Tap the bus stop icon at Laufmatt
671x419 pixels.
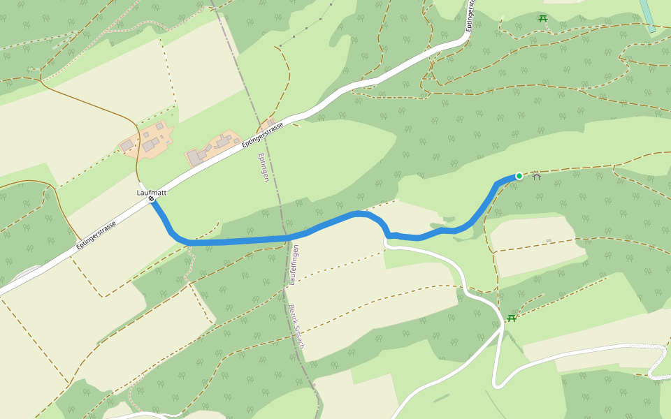click(x=151, y=199)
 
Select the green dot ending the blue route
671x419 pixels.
click(x=519, y=176)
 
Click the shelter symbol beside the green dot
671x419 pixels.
click(x=537, y=177)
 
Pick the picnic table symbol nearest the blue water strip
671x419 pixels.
click(x=543, y=18)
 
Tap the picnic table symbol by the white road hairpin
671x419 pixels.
click(x=512, y=318)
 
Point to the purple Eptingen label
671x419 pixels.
click(x=264, y=168)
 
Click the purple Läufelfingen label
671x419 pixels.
click(x=294, y=265)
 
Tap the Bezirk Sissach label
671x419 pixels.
click(x=297, y=326)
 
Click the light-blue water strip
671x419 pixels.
click(x=647, y=14)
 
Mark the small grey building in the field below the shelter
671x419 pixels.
click(x=549, y=241)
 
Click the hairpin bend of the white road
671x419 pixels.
click(x=497, y=383)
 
